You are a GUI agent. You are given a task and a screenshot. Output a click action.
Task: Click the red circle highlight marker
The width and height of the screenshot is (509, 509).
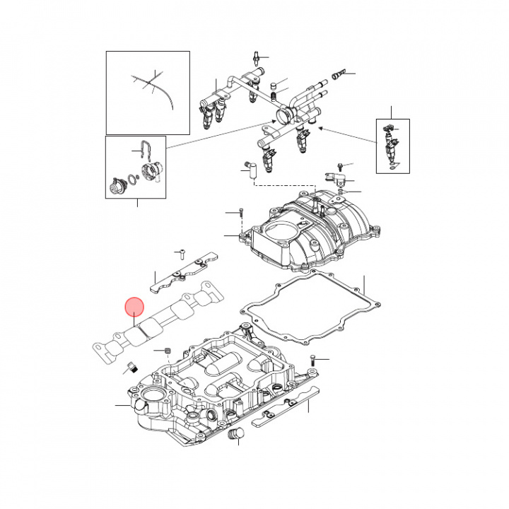[134, 307]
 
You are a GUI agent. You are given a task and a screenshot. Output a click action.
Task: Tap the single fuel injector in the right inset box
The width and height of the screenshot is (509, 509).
[390, 147]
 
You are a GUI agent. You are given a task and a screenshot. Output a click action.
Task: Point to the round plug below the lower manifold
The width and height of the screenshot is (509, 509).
[237, 433]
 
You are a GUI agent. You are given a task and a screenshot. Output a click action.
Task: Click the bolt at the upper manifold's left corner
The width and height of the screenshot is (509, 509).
[241, 212]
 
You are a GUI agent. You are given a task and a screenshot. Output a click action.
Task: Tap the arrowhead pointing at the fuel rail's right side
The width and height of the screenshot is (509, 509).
[321, 129]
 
